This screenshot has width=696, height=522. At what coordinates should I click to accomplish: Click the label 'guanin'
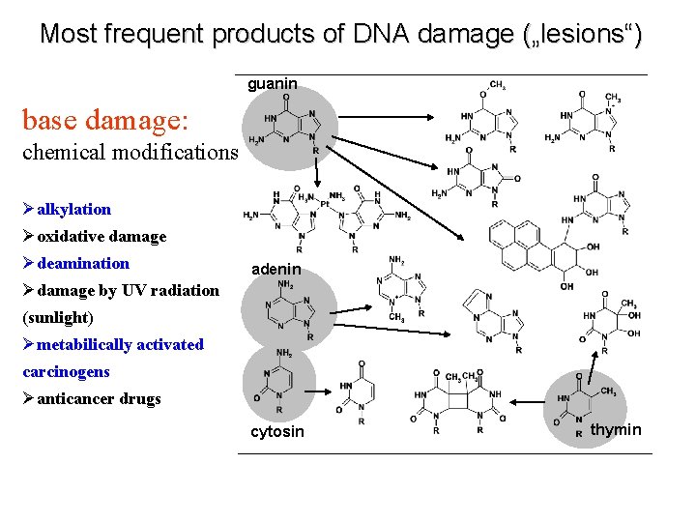(x=273, y=84)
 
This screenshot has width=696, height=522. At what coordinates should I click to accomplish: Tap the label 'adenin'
(x=276, y=268)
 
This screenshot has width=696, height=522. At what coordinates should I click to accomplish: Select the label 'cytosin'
(x=276, y=431)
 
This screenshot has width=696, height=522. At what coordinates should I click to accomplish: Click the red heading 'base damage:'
(x=111, y=121)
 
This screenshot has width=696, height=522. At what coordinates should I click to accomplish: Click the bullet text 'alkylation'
(x=74, y=209)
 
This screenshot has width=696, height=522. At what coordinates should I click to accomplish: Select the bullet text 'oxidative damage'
(x=101, y=236)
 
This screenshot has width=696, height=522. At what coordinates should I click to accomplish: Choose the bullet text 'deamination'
(x=83, y=263)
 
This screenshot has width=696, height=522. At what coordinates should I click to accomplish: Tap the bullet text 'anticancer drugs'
(x=99, y=398)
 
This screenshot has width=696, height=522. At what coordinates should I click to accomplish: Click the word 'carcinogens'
(x=66, y=371)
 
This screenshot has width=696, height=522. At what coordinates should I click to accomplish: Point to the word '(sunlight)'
(x=57, y=317)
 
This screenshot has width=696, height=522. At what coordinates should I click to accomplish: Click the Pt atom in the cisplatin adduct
(x=325, y=205)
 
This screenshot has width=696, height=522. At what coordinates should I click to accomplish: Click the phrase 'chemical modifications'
(x=130, y=152)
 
